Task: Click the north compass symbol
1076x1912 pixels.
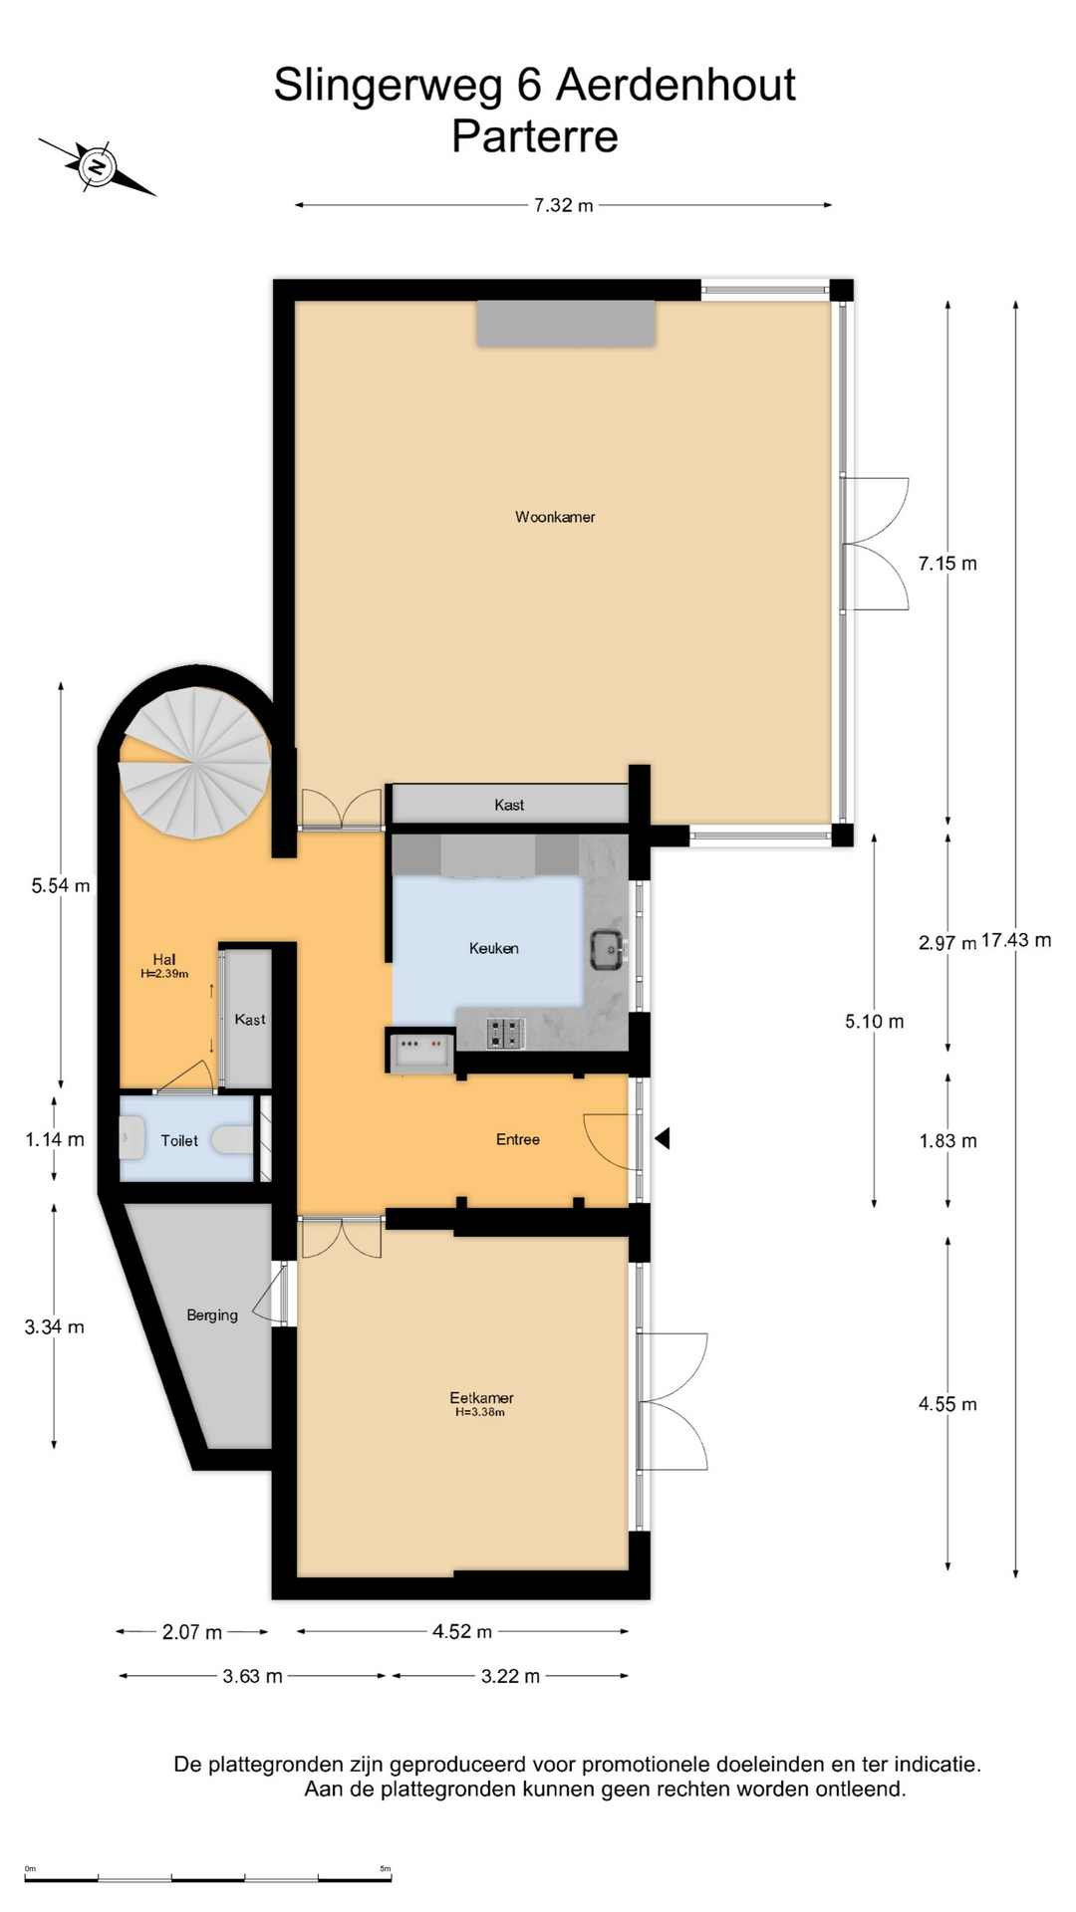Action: [97, 165]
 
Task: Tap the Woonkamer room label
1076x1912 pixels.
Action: [555, 517]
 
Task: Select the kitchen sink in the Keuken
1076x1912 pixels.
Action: [607, 949]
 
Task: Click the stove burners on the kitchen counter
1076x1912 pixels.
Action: [506, 1033]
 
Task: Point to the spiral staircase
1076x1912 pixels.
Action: [195, 764]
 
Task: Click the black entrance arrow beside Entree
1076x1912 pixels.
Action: [663, 1138]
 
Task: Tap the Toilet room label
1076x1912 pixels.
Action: [179, 1141]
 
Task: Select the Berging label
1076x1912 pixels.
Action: [212, 1315]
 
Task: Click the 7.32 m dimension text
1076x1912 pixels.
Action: [564, 205]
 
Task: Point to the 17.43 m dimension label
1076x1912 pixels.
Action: [1016, 940]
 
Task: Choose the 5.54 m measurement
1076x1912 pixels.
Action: [61, 885]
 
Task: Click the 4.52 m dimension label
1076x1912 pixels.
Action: [462, 1631]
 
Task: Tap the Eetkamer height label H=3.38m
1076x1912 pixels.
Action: [480, 1412]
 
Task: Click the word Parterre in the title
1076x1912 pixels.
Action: [535, 136]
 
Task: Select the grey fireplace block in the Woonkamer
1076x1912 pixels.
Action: [566, 324]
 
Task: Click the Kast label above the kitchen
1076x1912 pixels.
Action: [509, 805]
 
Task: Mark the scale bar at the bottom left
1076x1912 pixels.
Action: [208, 1878]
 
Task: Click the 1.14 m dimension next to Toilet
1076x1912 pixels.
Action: [55, 1139]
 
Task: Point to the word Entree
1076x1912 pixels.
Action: [518, 1139]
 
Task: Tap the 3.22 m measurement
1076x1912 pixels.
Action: [510, 1676]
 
